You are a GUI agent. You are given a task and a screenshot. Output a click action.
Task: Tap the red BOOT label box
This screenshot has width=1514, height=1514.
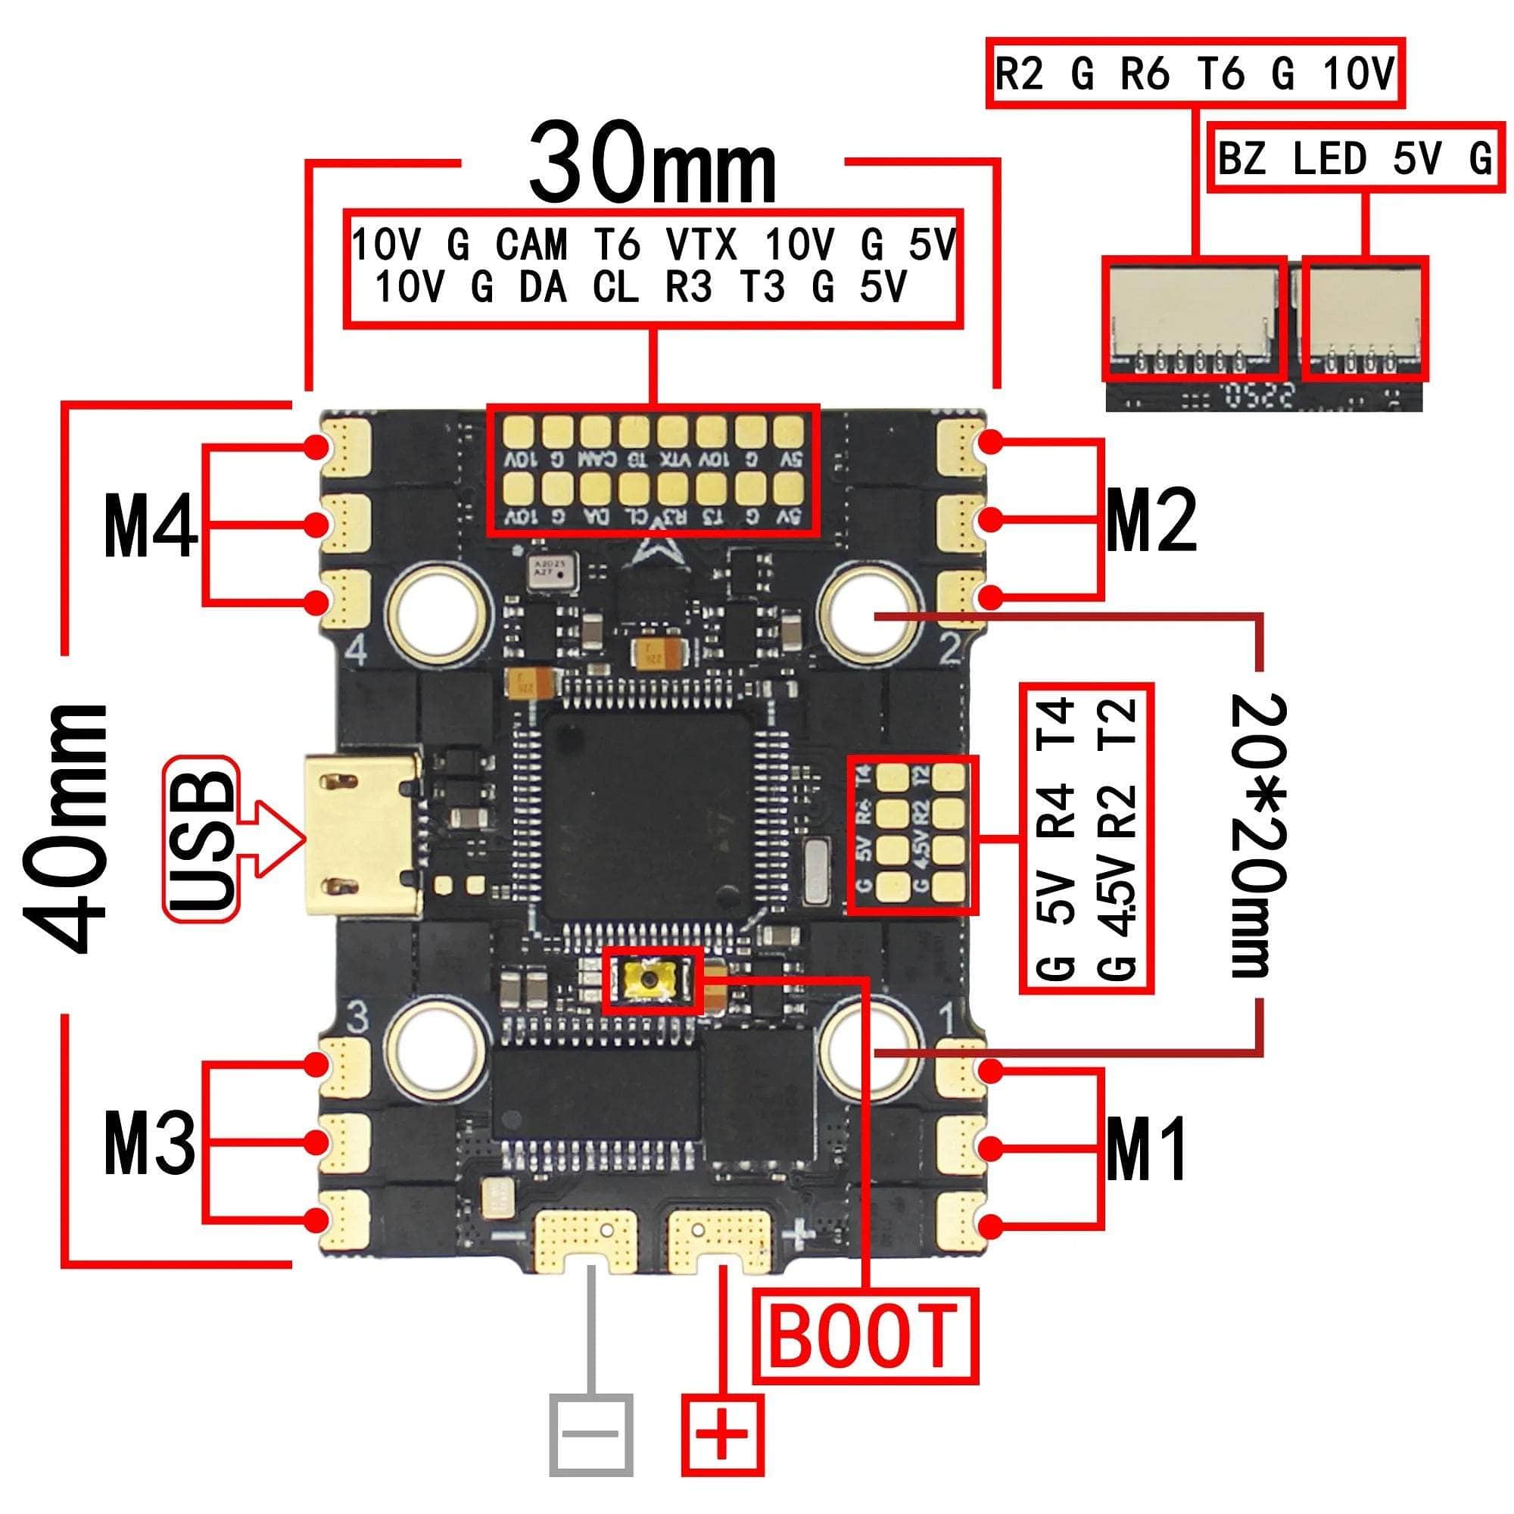(865, 1335)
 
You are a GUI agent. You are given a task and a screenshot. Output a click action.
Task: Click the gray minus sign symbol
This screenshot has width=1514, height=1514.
(591, 1433)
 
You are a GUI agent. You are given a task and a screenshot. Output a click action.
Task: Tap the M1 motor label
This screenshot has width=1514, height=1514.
(1145, 1149)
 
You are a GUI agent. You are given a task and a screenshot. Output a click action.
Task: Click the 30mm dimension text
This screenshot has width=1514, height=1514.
(652, 166)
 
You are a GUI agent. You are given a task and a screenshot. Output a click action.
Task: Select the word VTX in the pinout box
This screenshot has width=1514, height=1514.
(702, 245)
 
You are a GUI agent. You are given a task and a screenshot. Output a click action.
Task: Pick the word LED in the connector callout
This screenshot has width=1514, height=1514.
(1329, 158)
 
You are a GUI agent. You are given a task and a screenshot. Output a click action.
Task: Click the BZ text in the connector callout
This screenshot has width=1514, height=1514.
(1241, 158)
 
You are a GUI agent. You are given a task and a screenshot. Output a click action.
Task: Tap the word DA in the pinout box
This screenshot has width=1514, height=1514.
(542, 288)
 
